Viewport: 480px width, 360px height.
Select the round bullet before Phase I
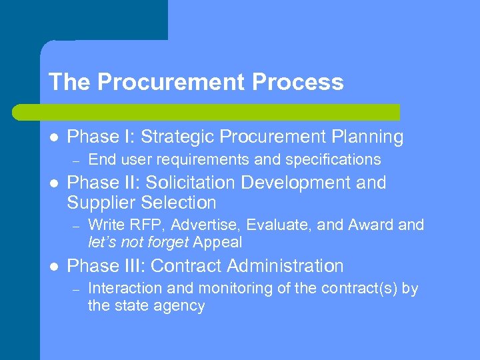point(53,137)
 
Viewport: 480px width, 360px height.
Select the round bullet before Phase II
point(53,183)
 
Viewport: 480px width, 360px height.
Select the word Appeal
point(218,242)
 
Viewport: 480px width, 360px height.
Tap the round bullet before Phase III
point(53,266)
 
